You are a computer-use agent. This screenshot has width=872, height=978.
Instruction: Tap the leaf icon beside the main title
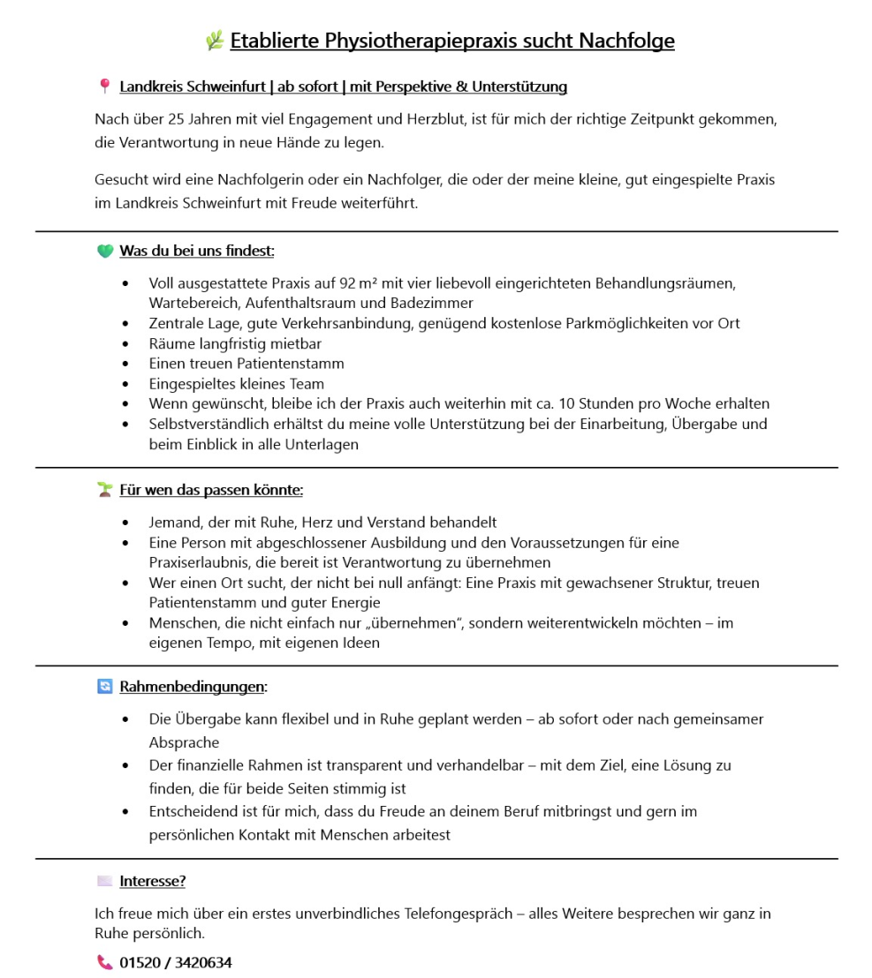(215, 41)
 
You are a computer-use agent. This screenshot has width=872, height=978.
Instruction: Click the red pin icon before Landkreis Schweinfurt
(105, 87)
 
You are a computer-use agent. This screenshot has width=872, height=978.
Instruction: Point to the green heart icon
(105, 252)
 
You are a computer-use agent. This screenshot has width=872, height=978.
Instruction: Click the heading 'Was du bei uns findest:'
(197, 252)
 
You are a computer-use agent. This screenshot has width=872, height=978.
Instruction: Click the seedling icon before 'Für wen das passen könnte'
(105, 489)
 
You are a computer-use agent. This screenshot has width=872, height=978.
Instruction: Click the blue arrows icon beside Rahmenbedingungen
(105, 687)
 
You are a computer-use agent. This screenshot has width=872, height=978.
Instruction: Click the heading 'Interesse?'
(152, 881)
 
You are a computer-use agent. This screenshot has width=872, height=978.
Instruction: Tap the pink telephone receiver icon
(105, 962)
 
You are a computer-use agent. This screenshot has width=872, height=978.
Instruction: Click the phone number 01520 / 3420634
(176, 962)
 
